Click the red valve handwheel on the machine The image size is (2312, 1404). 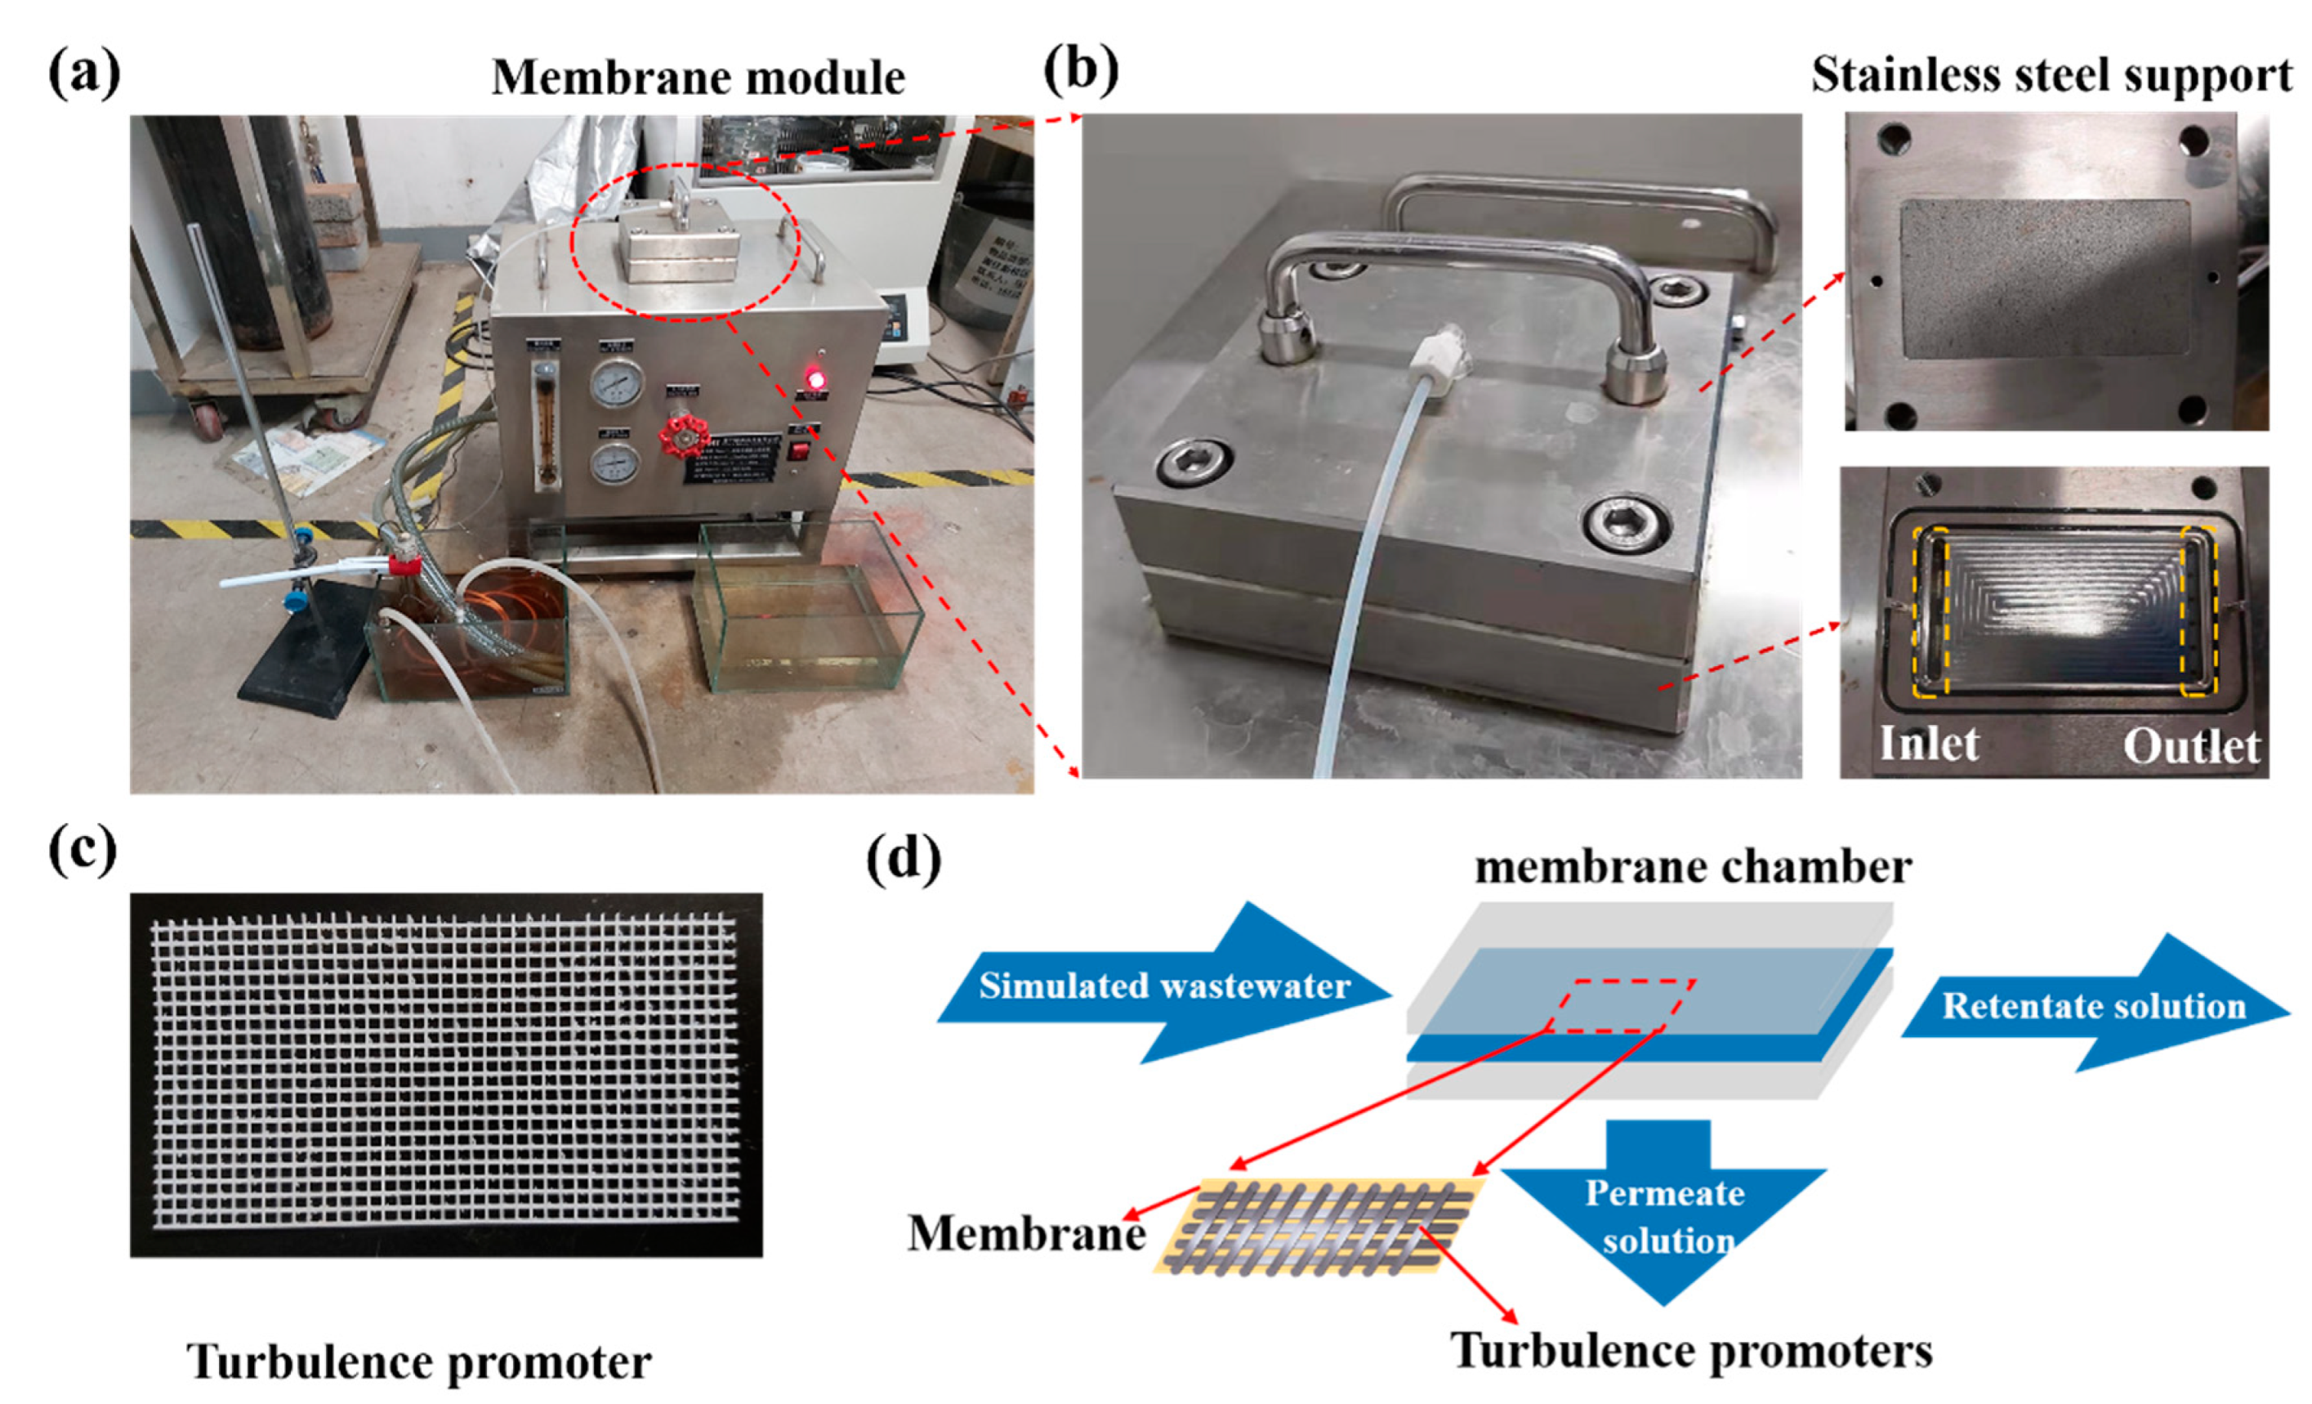683,437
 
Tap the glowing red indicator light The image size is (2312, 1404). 815,380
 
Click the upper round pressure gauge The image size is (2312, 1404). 617,384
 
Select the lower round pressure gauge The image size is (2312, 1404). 615,463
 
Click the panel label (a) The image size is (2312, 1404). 84,74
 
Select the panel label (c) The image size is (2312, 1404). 83,852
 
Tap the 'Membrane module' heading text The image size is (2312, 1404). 699,77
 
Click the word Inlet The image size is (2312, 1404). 1929,744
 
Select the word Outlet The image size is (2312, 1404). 2191,747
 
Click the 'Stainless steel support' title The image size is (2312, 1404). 2051,75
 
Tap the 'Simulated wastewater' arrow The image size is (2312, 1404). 1163,986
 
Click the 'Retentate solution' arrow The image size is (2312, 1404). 2095,1005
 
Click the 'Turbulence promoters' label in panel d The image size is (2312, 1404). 1692,1352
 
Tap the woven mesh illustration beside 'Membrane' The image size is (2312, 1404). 1319,1226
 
